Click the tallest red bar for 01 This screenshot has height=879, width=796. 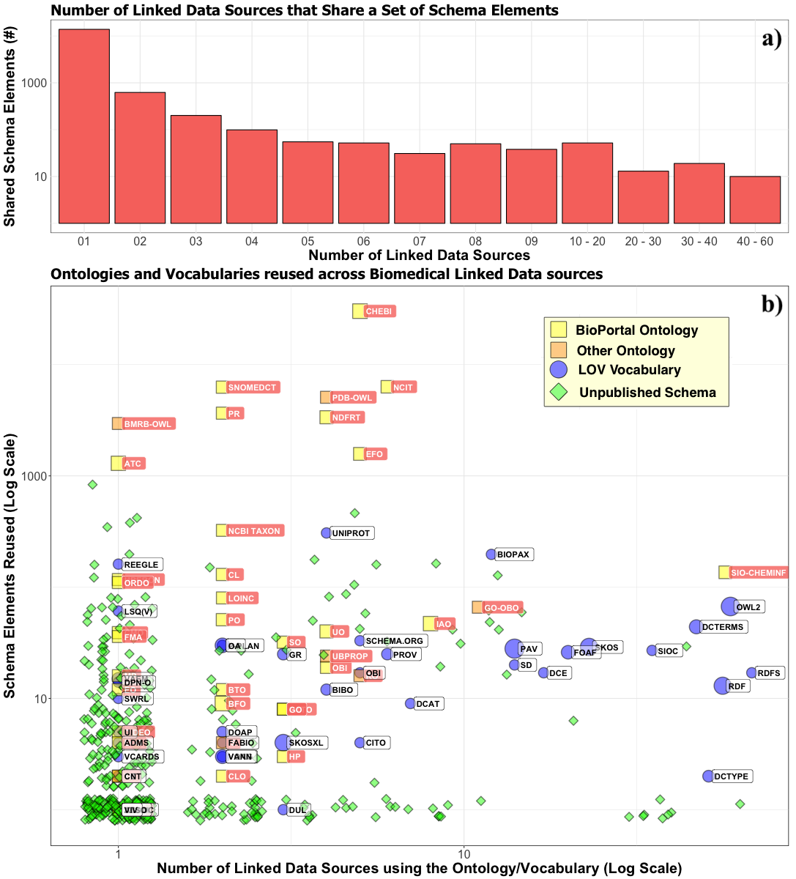(84, 126)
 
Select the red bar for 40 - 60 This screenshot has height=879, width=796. (754, 199)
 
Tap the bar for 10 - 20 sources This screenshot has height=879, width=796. (587, 183)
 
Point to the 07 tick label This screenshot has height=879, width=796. (419, 241)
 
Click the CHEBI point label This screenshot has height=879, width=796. (379, 311)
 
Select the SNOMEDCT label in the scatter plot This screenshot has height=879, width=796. (252, 387)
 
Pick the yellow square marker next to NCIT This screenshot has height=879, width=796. (387, 387)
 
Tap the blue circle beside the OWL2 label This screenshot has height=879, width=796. (729, 607)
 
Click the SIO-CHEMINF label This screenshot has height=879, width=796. (758, 573)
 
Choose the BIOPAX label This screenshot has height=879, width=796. (513, 555)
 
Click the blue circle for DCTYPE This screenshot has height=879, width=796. (708, 776)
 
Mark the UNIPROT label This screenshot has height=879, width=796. (351, 533)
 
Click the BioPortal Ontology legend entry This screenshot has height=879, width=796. (636, 330)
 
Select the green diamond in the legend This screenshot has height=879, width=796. (559, 392)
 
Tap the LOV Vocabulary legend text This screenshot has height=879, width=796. (629, 370)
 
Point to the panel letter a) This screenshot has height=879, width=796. (772, 39)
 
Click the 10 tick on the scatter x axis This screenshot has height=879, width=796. (464, 854)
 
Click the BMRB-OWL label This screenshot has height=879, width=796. (147, 424)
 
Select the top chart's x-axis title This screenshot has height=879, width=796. (419, 256)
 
